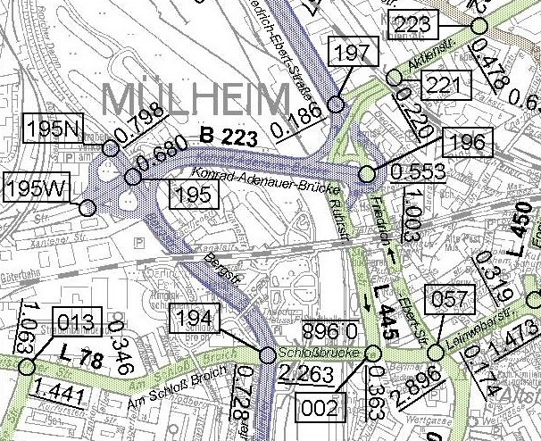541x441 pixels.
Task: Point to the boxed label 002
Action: click(320, 408)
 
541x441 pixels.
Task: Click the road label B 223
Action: click(229, 138)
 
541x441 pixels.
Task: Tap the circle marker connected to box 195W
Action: click(87, 208)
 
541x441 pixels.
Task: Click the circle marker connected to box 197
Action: click(337, 104)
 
